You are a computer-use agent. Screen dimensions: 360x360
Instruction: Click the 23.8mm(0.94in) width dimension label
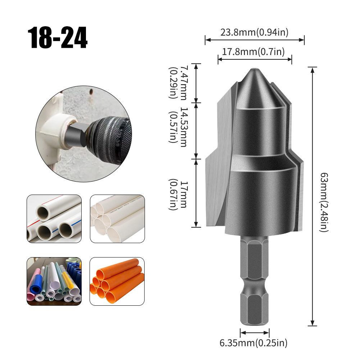click(255, 33)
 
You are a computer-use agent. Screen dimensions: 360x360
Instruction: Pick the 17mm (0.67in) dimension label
click(179, 195)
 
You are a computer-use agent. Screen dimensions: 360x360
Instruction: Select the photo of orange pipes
click(117, 281)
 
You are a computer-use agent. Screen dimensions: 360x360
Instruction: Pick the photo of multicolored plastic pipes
click(54, 281)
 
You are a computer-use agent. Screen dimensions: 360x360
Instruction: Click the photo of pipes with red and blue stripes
click(54, 219)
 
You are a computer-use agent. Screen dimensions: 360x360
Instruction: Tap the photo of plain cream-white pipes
click(117, 219)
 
